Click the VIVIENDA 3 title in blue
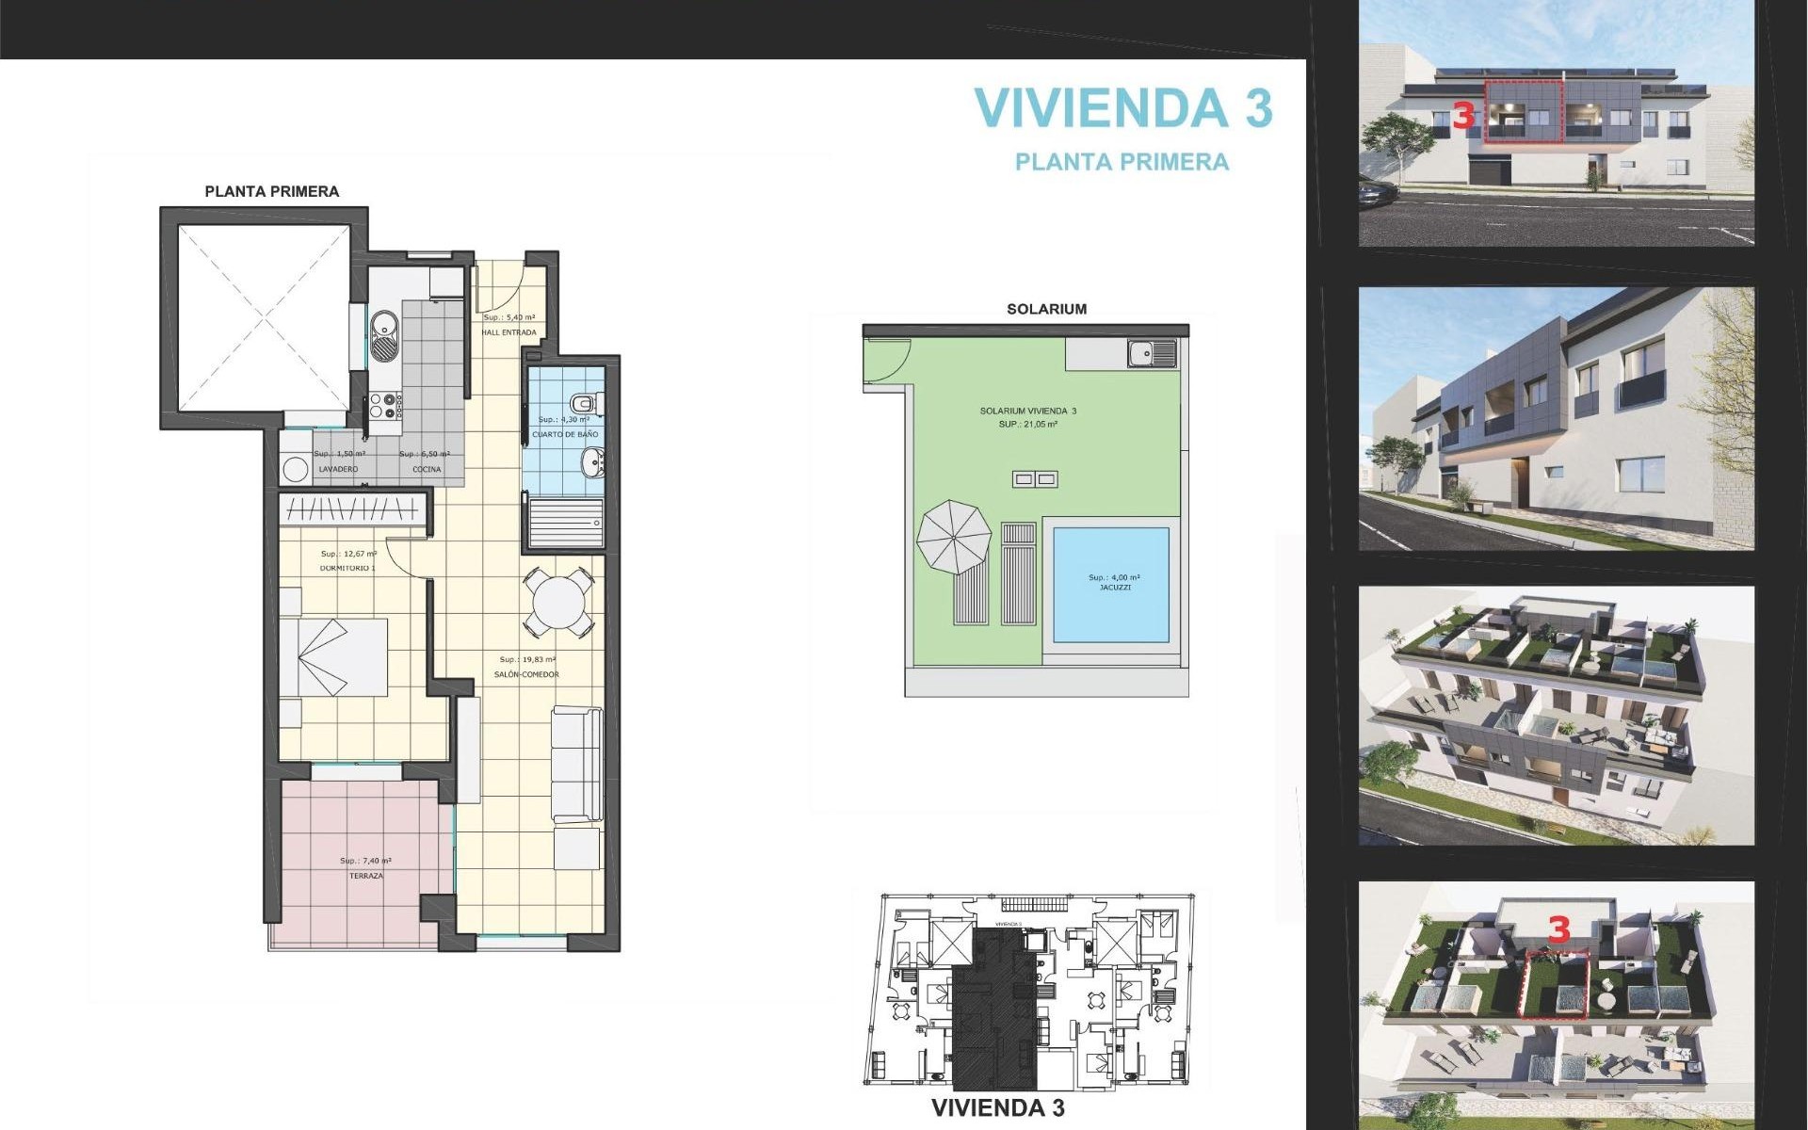coord(1122,108)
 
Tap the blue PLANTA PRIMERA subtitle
coord(1122,162)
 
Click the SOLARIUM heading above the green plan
coord(1046,309)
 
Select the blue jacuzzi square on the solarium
coord(1111,584)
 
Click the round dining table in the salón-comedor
coord(558,600)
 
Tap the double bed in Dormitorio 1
coord(334,656)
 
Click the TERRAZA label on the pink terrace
coord(366,876)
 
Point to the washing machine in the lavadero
coord(297,469)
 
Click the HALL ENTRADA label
coord(508,332)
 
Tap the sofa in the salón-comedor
coord(576,764)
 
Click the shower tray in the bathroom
coord(566,522)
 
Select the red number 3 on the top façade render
coord(1462,117)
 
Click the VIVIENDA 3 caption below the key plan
coord(997,1108)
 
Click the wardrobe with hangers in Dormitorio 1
coord(352,509)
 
